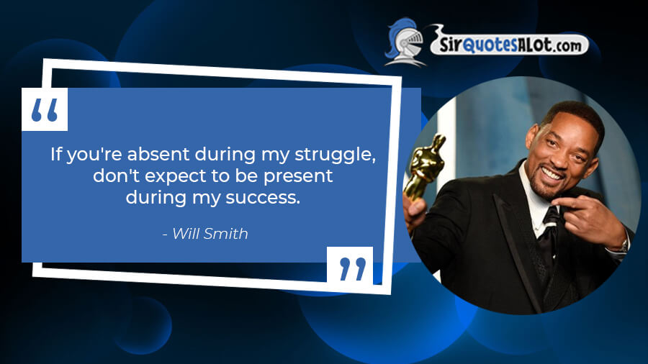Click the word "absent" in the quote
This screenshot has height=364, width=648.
(158, 155)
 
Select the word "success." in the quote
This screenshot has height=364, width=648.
(263, 198)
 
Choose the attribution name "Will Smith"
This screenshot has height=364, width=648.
(210, 234)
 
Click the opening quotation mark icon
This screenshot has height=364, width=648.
(45, 110)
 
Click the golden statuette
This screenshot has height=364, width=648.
(425, 167)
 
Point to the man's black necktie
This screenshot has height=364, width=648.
(549, 235)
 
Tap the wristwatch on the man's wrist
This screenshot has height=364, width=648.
(624, 245)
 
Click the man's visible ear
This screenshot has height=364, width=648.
(532, 135)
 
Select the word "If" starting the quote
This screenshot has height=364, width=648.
(56, 155)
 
